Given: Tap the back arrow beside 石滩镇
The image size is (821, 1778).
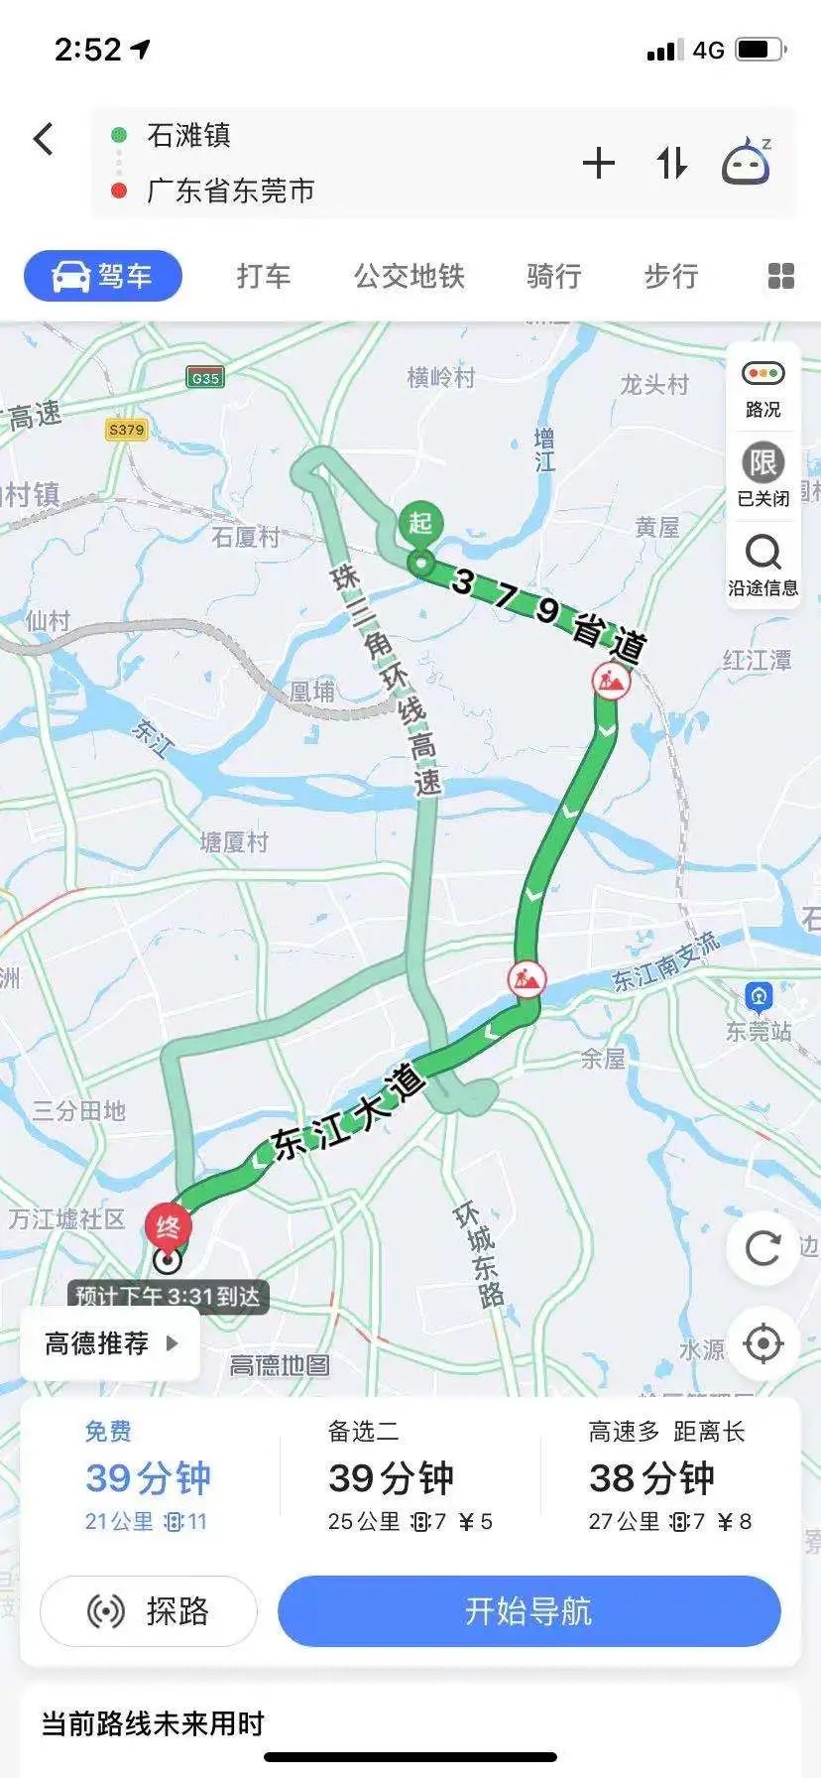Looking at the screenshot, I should (44, 139).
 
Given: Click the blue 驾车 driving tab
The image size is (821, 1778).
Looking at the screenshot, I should (103, 276).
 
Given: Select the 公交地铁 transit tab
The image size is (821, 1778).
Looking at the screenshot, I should (409, 276).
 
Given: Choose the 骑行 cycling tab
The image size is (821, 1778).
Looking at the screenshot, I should (553, 276).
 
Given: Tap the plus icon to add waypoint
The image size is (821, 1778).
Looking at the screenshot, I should (599, 163).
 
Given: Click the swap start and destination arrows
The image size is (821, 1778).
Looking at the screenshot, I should (671, 163).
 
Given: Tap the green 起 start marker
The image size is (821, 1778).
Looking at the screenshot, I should (421, 524).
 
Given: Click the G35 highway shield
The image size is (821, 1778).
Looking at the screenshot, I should (205, 378).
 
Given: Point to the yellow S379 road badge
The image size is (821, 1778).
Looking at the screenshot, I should (126, 430).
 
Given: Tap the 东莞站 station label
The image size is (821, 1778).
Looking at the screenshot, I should (760, 1012).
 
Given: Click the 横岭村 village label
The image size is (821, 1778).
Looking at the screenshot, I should (441, 378).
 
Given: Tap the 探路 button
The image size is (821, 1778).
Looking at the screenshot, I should (149, 1611).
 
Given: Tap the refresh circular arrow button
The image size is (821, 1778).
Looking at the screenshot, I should (762, 1248).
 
